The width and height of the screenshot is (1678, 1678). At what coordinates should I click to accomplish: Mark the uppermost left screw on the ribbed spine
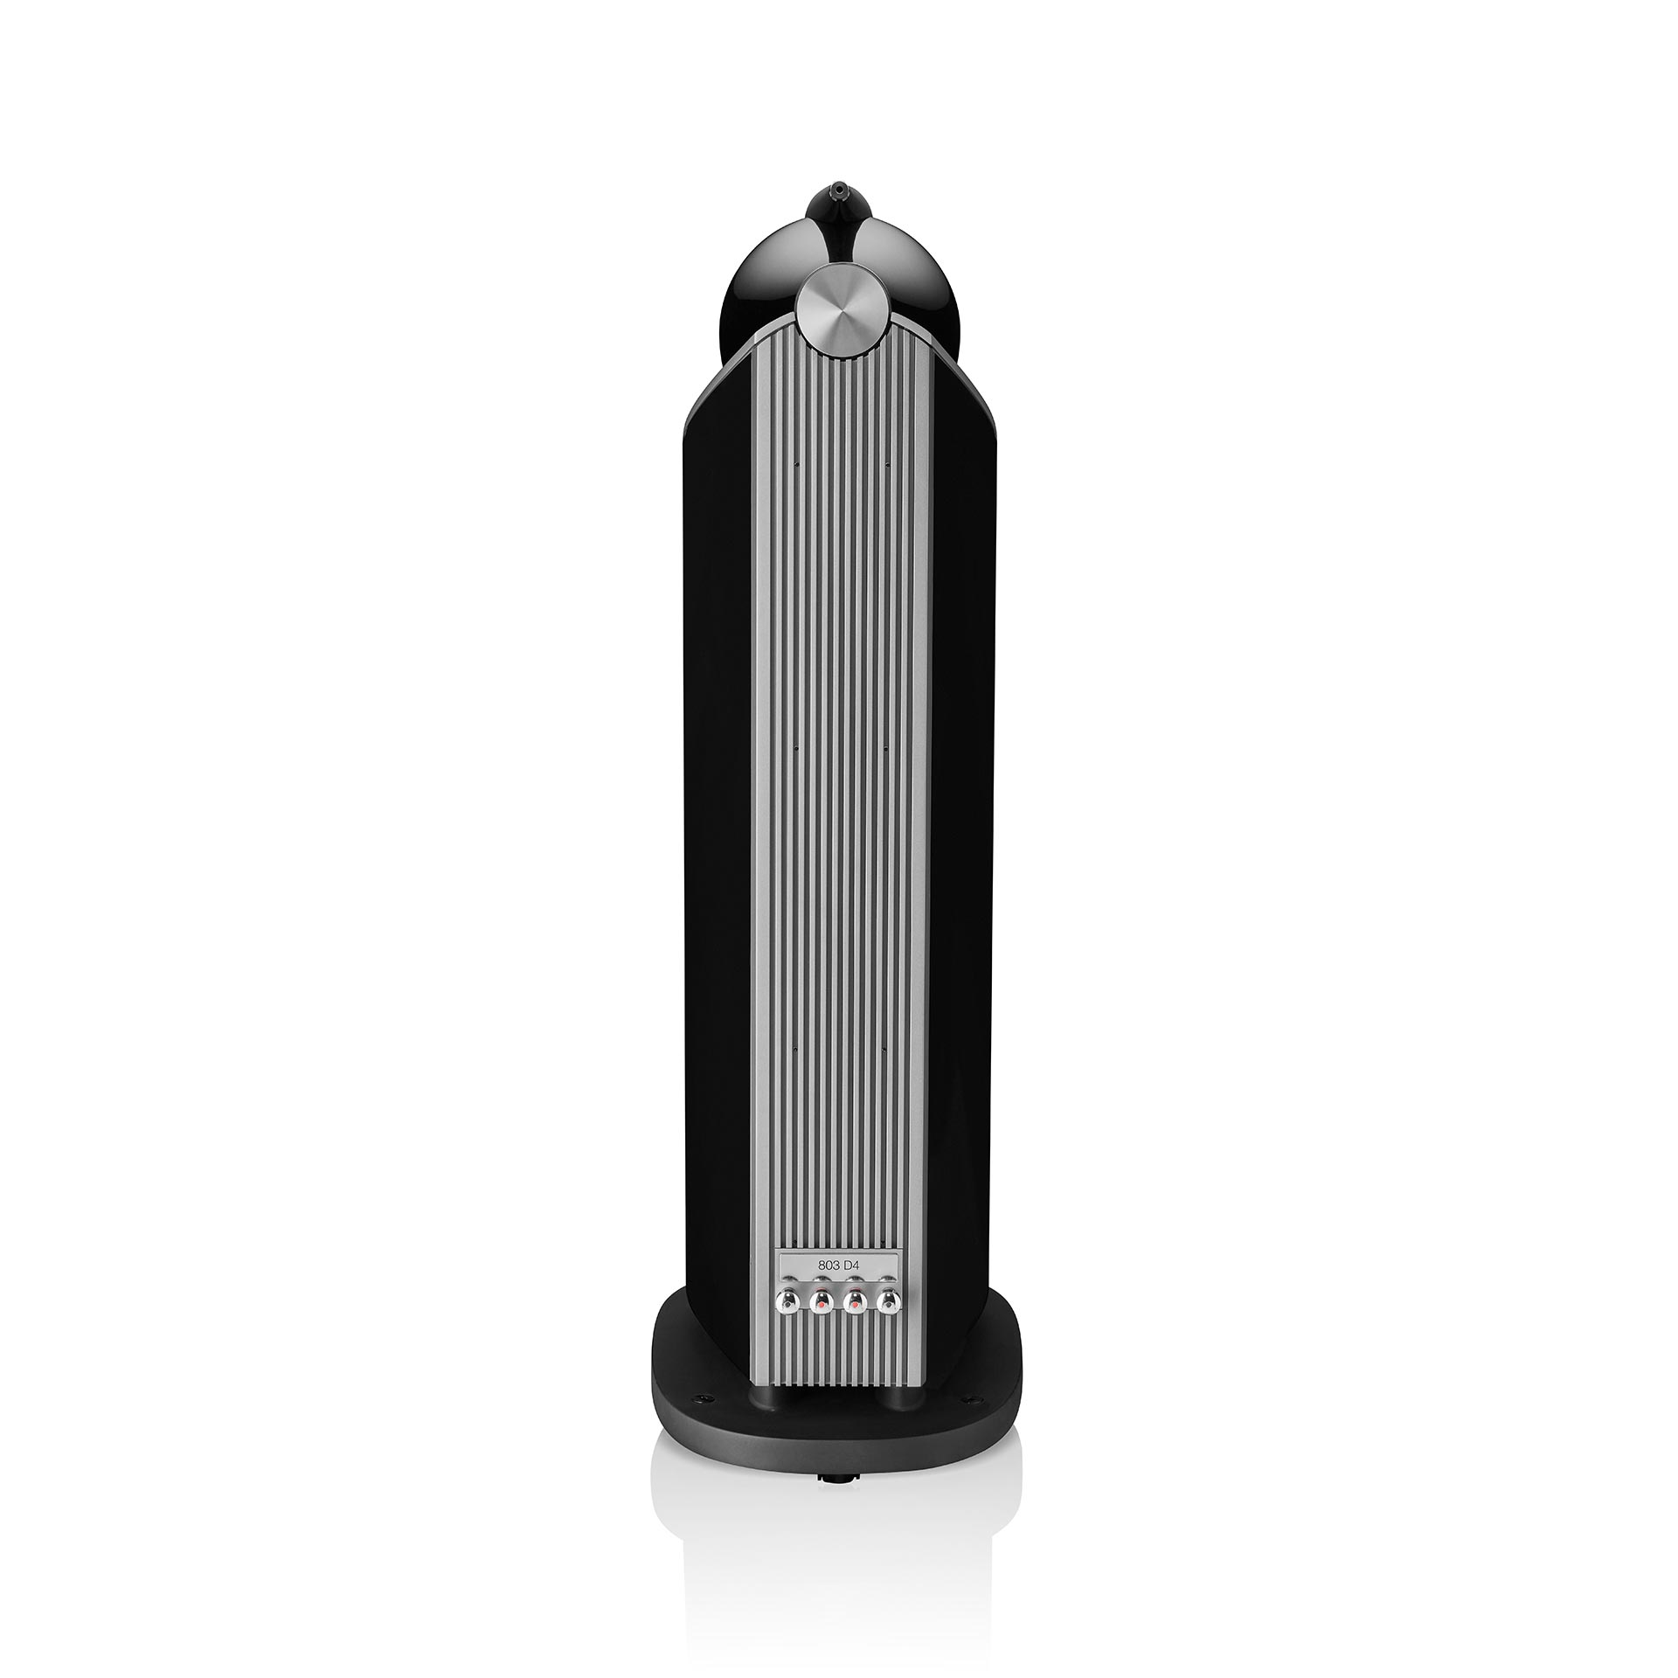click(798, 465)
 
